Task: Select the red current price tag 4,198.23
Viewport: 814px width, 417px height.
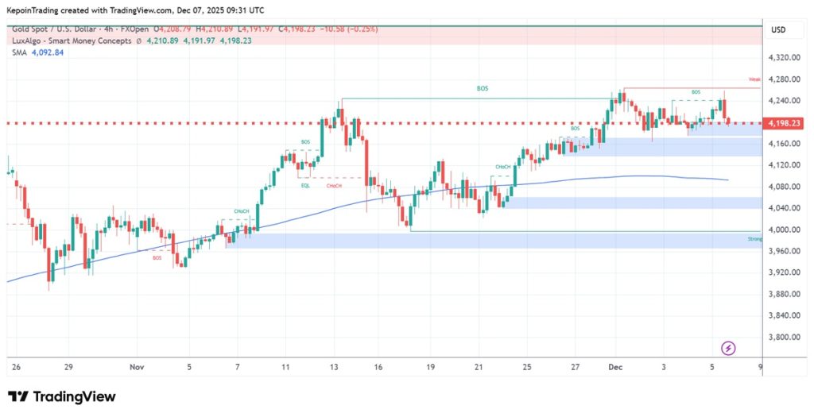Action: pyautogui.click(x=782, y=123)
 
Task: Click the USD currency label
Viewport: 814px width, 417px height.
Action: pyautogui.click(x=778, y=29)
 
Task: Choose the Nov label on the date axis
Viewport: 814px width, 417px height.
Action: pyautogui.click(x=137, y=368)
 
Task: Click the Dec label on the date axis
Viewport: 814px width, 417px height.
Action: pyautogui.click(x=614, y=368)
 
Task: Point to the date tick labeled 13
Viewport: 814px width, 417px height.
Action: pyautogui.click(x=335, y=368)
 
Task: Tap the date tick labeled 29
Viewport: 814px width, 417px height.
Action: pyautogui.click(x=69, y=368)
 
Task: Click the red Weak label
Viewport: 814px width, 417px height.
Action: pyautogui.click(x=754, y=79)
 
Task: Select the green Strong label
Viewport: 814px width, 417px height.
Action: pyautogui.click(x=754, y=238)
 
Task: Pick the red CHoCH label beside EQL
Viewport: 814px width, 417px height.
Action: pyautogui.click(x=334, y=186)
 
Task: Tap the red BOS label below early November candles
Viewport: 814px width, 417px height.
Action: pyautogui.click(x=157, y=258)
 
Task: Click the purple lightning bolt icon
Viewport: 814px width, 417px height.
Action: pyautogui.click(x=729, y=348)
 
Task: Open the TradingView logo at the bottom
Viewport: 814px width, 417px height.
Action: pyautogui.click(x=61, y=396)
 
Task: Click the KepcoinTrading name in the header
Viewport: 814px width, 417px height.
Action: pyautogui.click(x=35, y=10)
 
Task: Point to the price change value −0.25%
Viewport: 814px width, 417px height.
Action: pyautogui.click(x=362, y=29)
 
